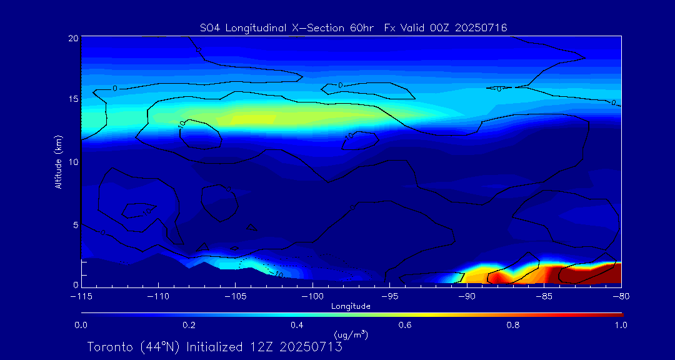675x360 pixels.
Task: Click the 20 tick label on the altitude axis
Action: (x=72, y=38)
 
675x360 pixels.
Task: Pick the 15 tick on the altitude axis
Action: (x=72, y=100)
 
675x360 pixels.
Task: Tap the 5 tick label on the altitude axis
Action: (x=75, y=224)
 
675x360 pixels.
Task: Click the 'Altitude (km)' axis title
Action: (x=58, y=162)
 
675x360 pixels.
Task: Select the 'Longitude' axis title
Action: (x=351, y=306)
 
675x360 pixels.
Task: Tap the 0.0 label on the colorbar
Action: (x=81, y=325)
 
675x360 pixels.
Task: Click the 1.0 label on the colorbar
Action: (x=620, y=325)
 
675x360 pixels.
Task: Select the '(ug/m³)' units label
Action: (x=351, y=335)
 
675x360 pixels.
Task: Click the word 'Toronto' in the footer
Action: (x=108, y=347)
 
